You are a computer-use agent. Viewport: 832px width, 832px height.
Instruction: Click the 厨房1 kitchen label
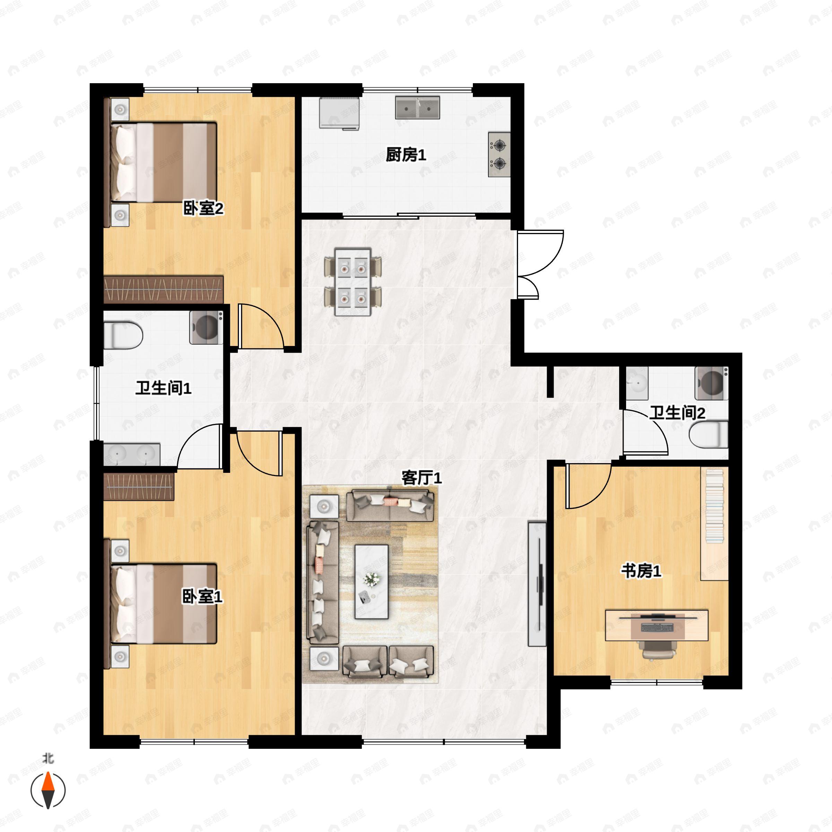[x=406, y=155]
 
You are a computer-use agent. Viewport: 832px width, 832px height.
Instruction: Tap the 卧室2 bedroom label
[x=203, y=209]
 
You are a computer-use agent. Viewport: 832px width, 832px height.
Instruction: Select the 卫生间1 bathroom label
[x=163, y=388]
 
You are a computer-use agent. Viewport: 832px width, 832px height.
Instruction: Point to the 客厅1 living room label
[x=422, y=478]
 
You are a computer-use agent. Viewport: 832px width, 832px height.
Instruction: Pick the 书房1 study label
[x=641, y=571]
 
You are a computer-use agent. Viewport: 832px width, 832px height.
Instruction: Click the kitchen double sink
[x=417, y=108]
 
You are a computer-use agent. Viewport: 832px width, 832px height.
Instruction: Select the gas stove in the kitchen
[x=499, y=155]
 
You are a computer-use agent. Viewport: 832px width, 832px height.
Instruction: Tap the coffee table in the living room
[x=371, y=582]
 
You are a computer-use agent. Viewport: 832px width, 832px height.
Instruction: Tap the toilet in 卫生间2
[x=708, y=434]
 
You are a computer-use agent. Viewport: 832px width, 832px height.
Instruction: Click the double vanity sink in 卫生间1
[x=132, y=454]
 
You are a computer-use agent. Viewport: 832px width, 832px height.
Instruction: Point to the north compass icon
[x=48, y=791]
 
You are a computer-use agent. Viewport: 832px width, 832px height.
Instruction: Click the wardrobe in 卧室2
[x=164, y=289]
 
